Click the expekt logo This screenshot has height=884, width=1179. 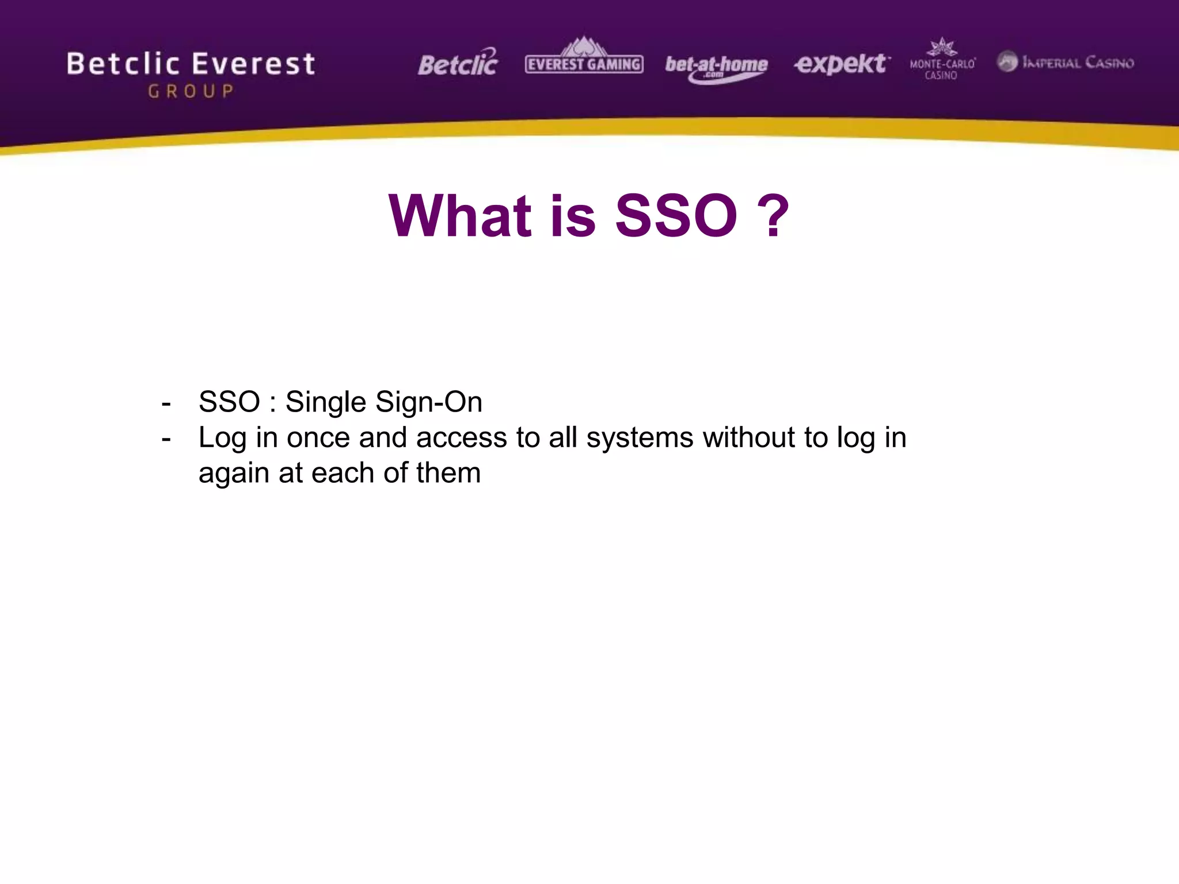[842, 63]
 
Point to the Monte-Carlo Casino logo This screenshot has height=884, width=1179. [942, 60]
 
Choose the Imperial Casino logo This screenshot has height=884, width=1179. [1066, 62]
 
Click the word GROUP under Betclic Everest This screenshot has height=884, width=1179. [191, 92]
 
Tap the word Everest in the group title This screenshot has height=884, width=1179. [253, 63]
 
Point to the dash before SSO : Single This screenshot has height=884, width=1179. [166, 403]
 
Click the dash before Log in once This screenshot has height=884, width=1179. [166, 439]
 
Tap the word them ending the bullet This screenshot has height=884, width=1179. [448, 473]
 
